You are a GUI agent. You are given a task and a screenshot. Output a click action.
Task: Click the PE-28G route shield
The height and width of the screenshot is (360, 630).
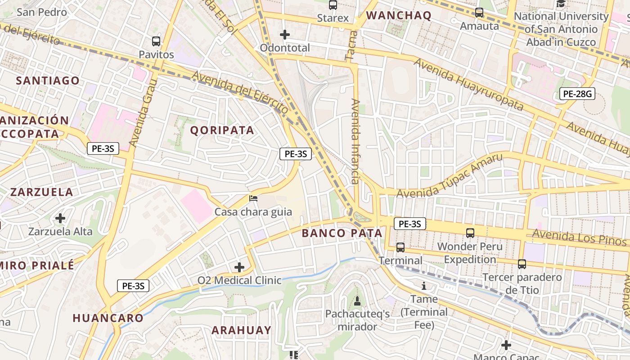[x=577, y=94]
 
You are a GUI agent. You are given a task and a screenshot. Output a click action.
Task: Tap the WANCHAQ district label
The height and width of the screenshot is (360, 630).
[x=399, y=16]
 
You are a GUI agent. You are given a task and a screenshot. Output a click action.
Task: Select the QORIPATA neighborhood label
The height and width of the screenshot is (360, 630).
[x=222, y=130]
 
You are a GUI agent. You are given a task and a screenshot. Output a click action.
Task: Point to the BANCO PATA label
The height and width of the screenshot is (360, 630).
[x=342, y=233]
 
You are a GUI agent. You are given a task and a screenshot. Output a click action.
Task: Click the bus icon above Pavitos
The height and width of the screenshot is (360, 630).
[x=156, y=41]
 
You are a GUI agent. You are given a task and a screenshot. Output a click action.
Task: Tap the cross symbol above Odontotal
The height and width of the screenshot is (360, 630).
[x=284, y=35]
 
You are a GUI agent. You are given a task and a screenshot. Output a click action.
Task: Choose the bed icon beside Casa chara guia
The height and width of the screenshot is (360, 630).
[x=253, y=198]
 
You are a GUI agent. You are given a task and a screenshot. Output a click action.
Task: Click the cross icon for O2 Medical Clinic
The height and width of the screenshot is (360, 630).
[x=239, y=268]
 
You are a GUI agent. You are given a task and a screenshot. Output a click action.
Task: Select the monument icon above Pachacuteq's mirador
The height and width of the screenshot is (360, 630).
[x=357, y=301]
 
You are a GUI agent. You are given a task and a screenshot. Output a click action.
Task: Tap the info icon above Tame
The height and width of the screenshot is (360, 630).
[x=423, y=286]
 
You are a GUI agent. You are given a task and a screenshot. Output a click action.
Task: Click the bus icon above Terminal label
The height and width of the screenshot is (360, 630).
[x=400, y=247]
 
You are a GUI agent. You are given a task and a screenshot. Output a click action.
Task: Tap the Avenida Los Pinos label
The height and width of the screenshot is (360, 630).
[x=579, y=237]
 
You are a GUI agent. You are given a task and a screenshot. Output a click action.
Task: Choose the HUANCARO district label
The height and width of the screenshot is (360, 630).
[x=108, y=318]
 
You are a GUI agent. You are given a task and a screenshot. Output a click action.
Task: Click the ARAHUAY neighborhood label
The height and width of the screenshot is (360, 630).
[x=242, y=330]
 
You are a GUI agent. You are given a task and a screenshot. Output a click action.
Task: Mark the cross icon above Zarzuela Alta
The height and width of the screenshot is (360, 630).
[x=60, y=219]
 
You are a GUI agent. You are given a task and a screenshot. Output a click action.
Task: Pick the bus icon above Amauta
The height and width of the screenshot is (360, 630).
[x=479, y=13]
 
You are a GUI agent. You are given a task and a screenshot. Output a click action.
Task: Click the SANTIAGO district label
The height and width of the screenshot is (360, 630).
[x=48, y=81]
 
